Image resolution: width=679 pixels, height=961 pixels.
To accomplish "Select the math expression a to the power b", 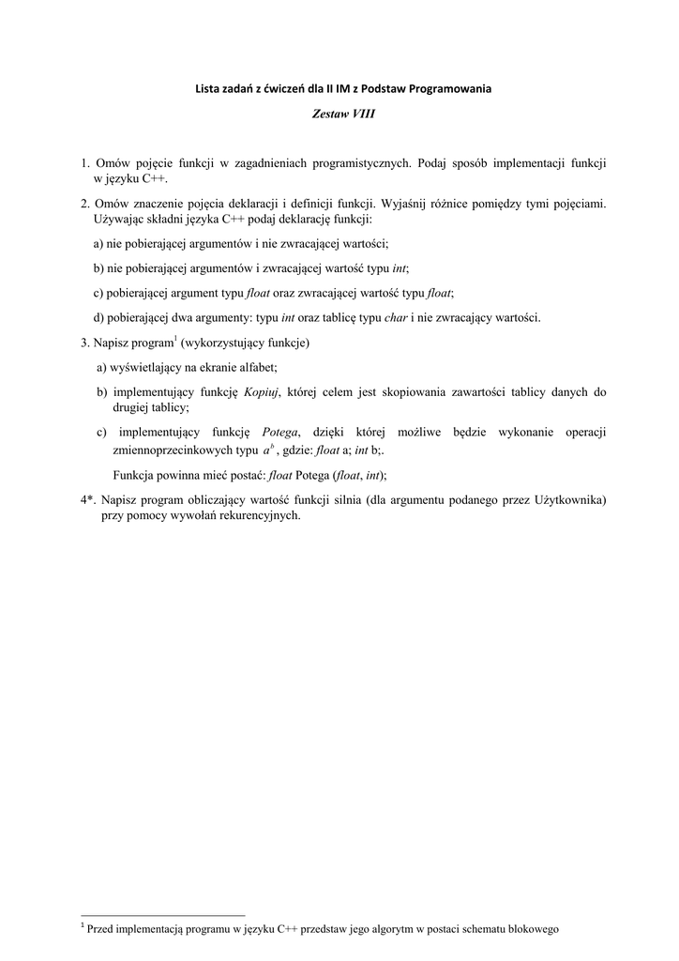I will (268, 449).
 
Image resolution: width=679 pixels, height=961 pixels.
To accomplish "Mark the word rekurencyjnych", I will (255, 515).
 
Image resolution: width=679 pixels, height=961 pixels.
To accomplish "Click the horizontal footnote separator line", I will (163, 913).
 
